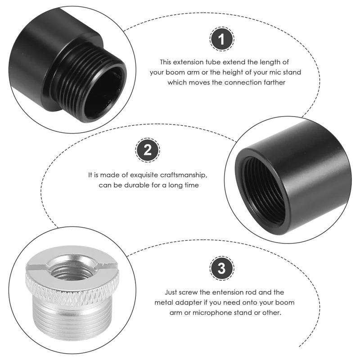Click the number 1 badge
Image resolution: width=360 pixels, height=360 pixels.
220,40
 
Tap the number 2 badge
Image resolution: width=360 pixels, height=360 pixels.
147,150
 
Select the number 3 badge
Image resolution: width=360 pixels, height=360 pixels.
221,269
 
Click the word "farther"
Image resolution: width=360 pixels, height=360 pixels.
272,82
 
